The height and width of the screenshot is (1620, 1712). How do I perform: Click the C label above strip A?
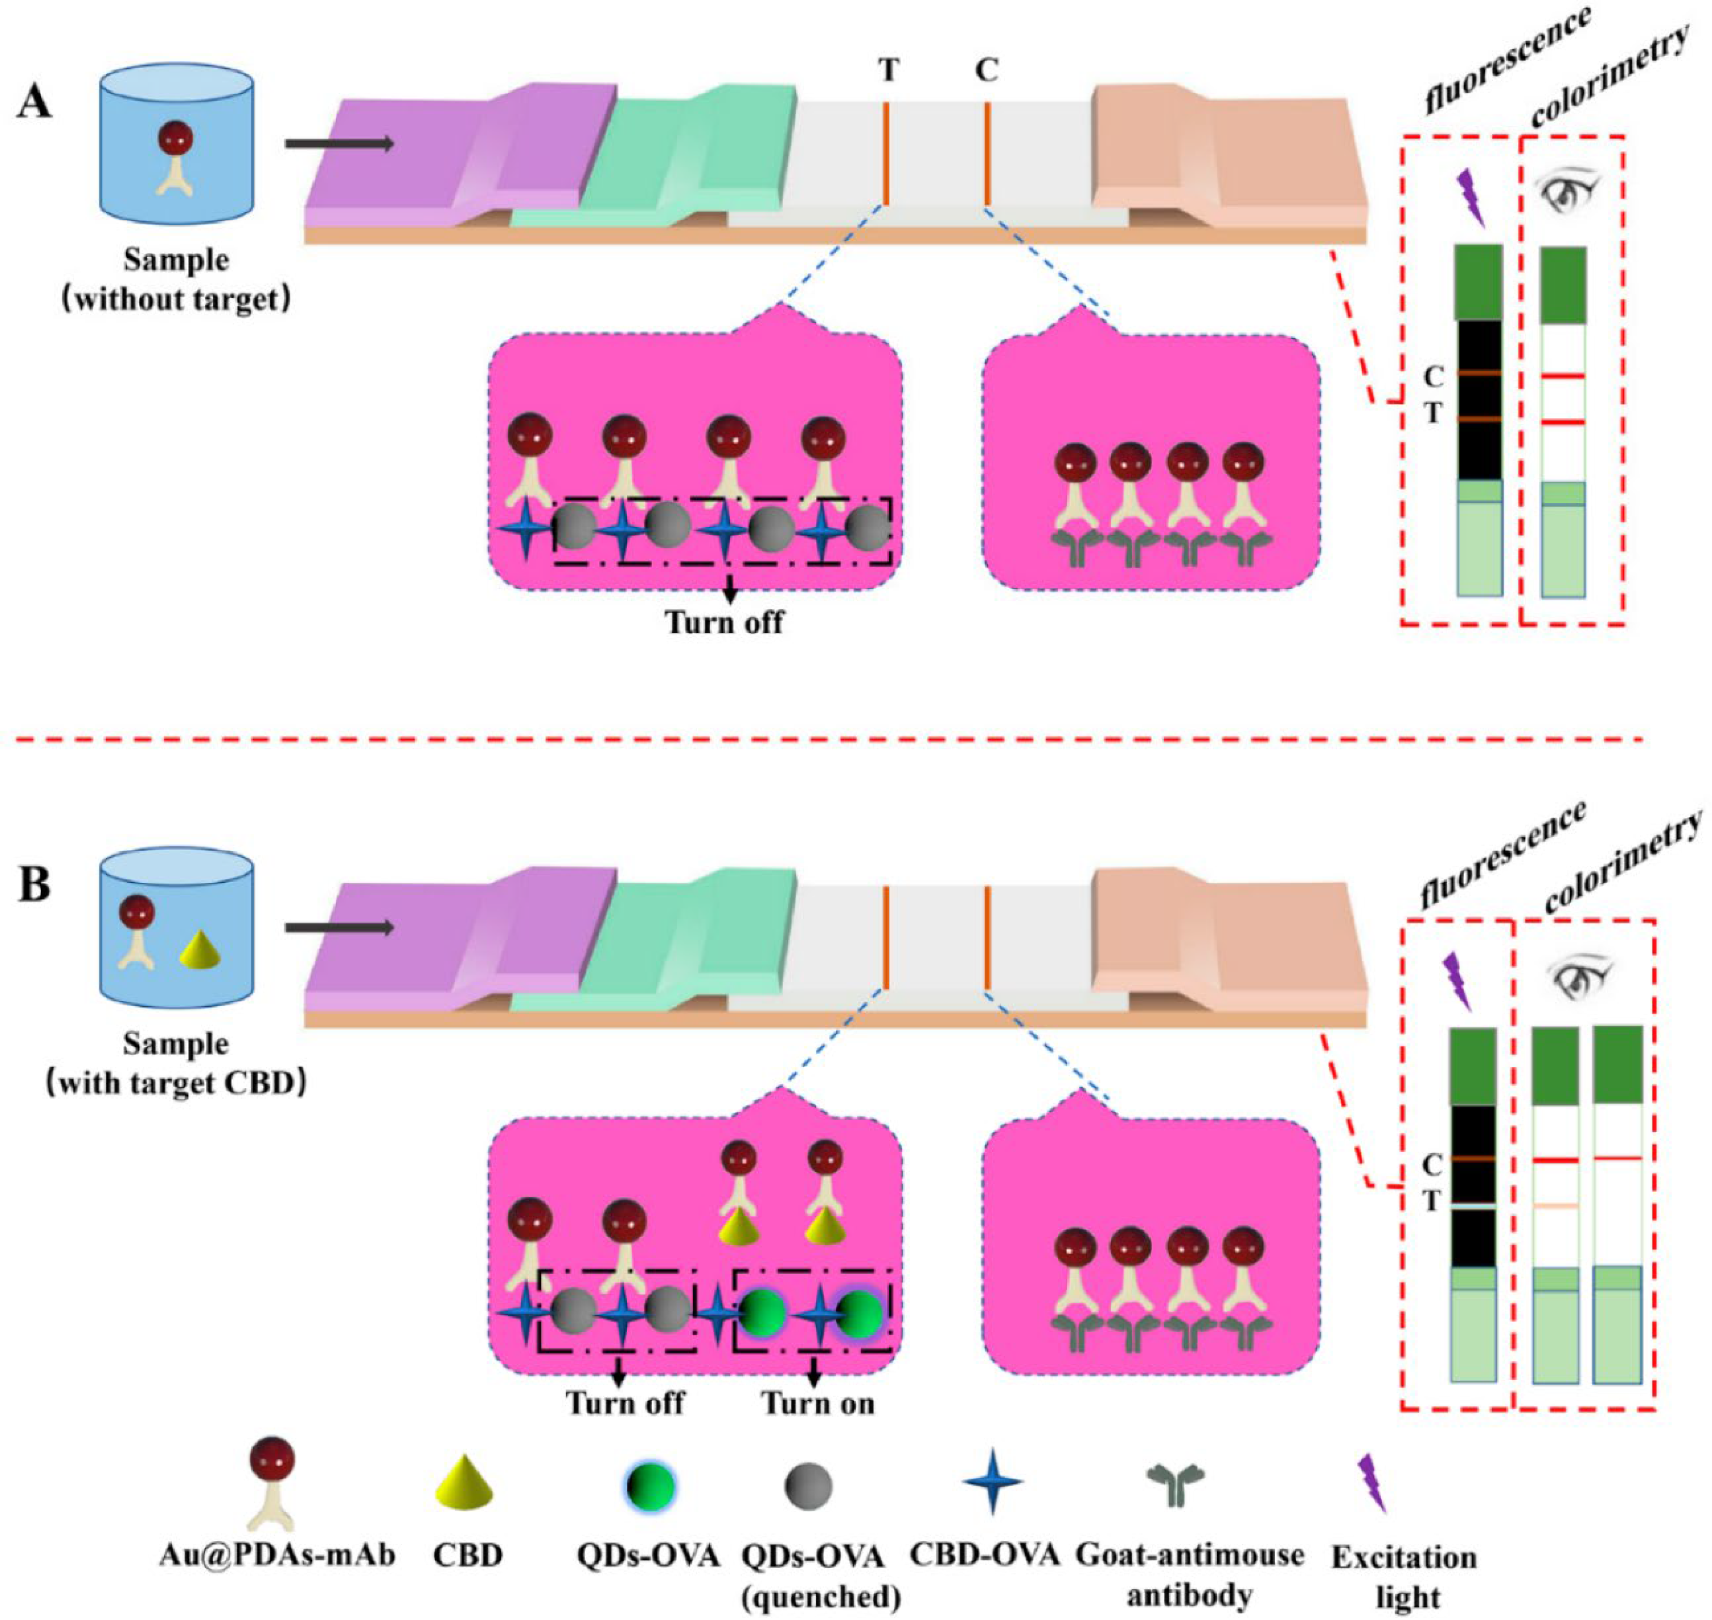pos(987,69)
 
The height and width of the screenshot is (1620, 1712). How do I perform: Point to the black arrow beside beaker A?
pos(339,143)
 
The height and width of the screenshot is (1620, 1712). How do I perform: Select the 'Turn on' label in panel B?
pos(817,1403)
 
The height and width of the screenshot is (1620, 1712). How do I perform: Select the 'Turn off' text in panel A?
pos(723,622)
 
